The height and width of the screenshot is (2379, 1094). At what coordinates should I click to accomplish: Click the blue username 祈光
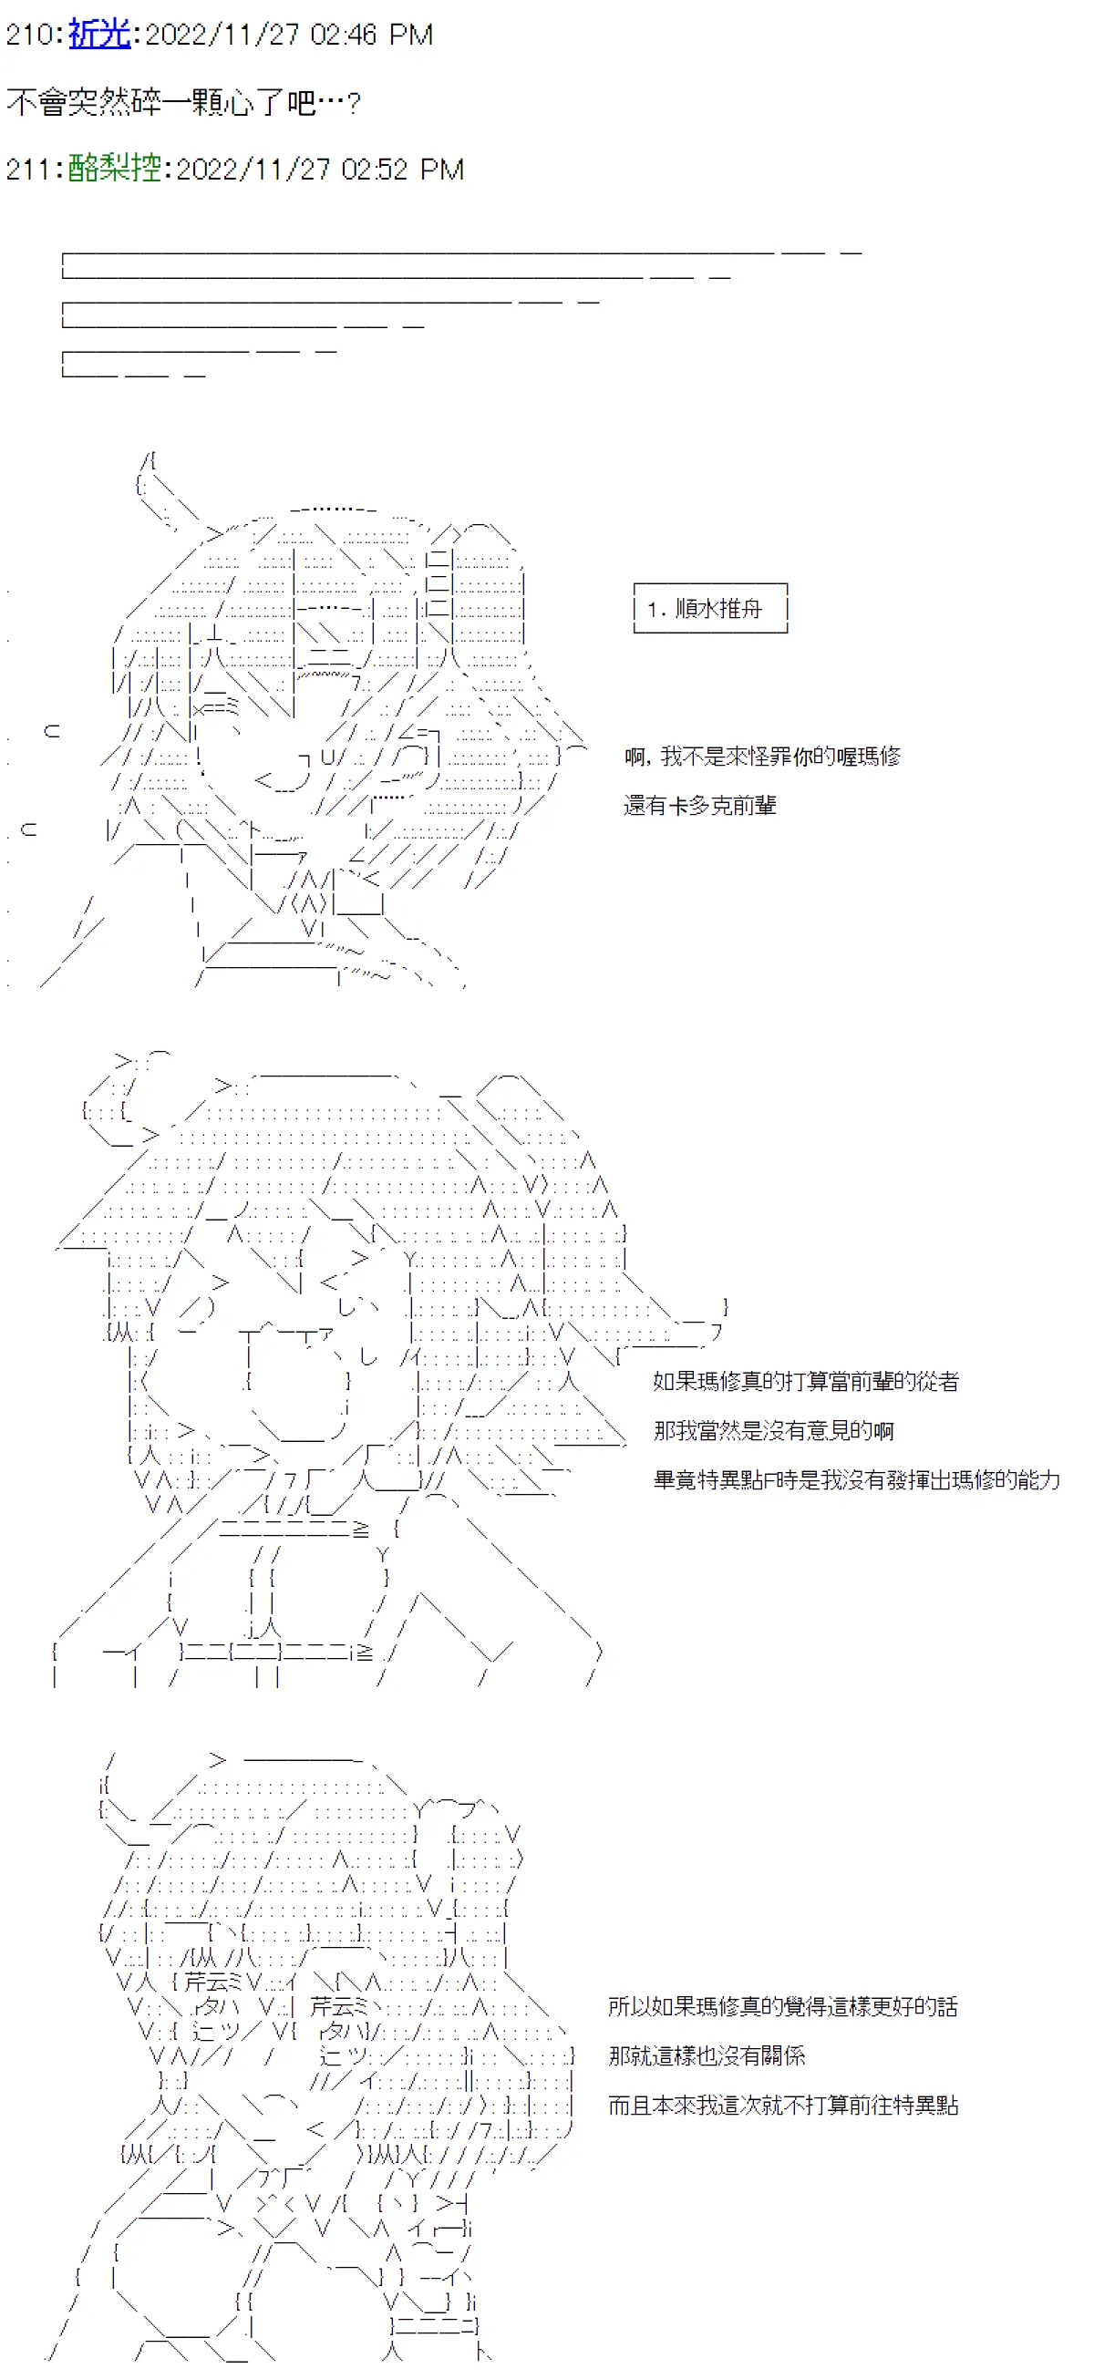99,34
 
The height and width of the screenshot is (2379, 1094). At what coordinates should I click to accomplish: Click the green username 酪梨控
115,168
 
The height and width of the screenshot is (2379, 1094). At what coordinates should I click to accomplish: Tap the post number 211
29,169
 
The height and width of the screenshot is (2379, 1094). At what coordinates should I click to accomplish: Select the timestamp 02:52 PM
402,169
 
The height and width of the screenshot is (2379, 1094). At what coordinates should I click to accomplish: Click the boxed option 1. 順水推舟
705,609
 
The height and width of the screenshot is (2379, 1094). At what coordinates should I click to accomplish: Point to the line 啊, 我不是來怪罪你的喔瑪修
762,757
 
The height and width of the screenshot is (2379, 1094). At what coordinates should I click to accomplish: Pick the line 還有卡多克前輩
699,806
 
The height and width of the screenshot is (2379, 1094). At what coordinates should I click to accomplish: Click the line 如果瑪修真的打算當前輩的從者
806,1382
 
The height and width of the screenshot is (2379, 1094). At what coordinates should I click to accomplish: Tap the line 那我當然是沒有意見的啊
773,1430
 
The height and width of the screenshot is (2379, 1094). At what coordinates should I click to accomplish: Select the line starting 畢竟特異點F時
857,1479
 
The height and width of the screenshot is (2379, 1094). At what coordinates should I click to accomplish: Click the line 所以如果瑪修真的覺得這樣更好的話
782,2006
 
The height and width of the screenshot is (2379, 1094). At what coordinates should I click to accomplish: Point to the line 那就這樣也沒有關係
707,2055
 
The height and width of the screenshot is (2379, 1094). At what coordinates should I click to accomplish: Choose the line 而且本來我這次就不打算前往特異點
782,2105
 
